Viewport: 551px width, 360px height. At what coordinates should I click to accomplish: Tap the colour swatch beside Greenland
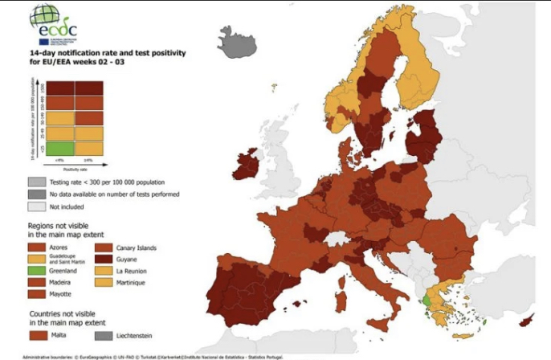37,272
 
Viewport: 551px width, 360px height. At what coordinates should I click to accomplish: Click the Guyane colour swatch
104,260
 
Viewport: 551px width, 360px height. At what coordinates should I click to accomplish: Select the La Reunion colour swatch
104,272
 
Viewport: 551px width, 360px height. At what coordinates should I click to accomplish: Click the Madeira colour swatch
37,284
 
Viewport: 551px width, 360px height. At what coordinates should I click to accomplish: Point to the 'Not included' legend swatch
35,207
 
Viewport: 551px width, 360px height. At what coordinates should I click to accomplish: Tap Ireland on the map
246,168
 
